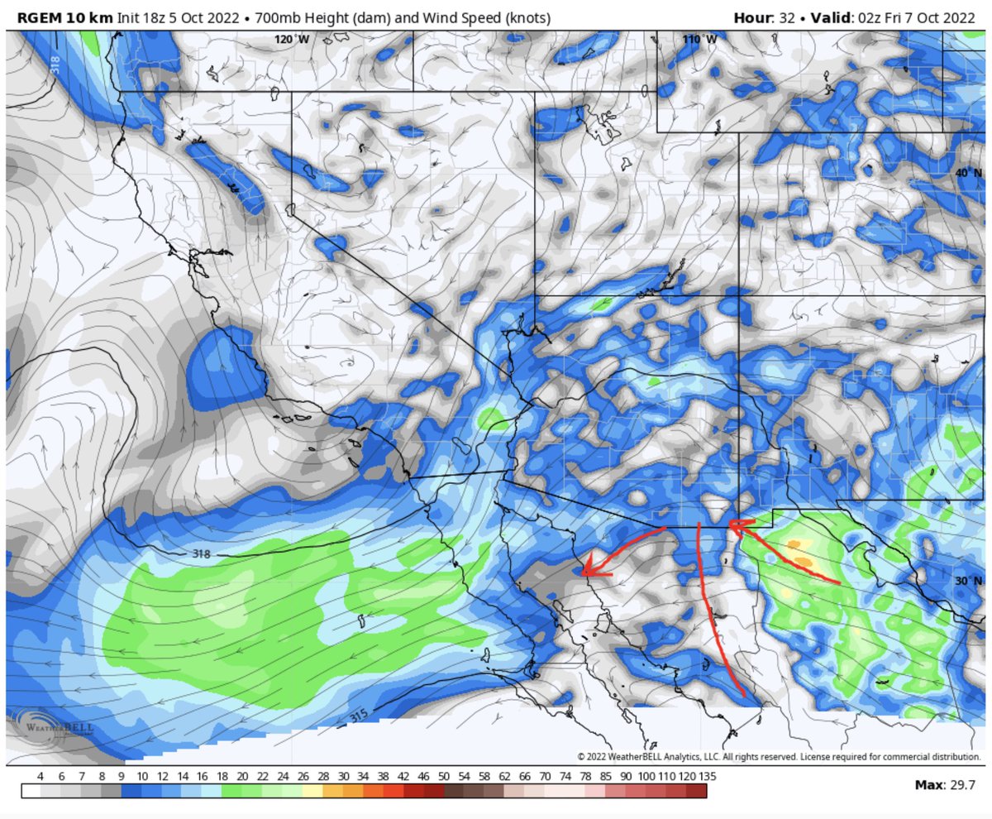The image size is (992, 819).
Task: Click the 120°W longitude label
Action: (x=292, y=40)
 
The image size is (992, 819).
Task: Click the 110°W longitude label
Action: (x=699, y=40)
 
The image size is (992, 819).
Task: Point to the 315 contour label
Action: (x=361, y=713)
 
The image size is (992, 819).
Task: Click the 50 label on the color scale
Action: (x=444, y=777)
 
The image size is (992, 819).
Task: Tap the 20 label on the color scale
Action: (x=242, y=777)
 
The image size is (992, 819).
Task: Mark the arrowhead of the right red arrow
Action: (x=732, y=524)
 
